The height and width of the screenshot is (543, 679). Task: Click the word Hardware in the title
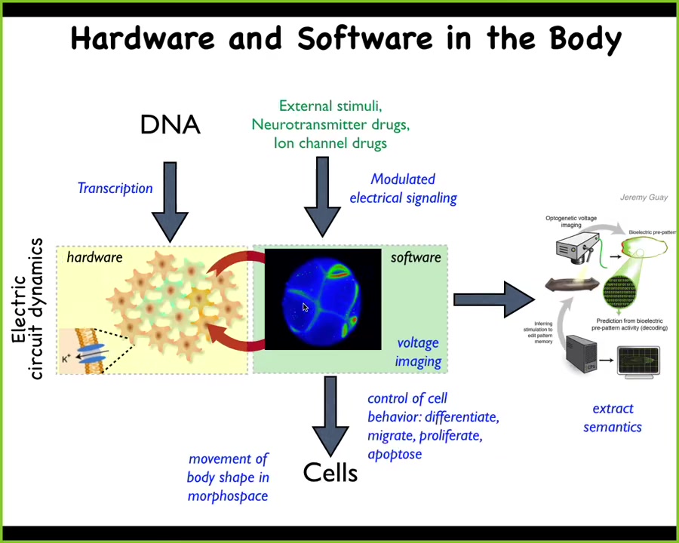143,38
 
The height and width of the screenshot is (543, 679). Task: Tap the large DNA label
171,124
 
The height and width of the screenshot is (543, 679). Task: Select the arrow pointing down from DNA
171,200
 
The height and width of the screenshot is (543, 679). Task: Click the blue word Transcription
115,189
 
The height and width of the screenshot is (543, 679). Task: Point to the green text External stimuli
330,106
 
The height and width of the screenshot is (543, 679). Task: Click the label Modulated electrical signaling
403,189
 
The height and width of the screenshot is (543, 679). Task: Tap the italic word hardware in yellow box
94,258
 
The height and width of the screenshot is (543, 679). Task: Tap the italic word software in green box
416,258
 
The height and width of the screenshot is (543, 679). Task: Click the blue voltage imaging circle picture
323,299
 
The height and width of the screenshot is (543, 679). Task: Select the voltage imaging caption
418,352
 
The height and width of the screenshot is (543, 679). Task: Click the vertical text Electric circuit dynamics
27,309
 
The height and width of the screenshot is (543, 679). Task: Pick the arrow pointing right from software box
494,299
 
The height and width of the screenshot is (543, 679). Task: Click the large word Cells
330,473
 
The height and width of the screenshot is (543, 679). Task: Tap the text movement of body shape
228,477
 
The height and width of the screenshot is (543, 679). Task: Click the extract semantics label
613,418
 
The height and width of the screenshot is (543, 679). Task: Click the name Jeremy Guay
644,198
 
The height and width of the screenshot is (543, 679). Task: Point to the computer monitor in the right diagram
638,360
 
